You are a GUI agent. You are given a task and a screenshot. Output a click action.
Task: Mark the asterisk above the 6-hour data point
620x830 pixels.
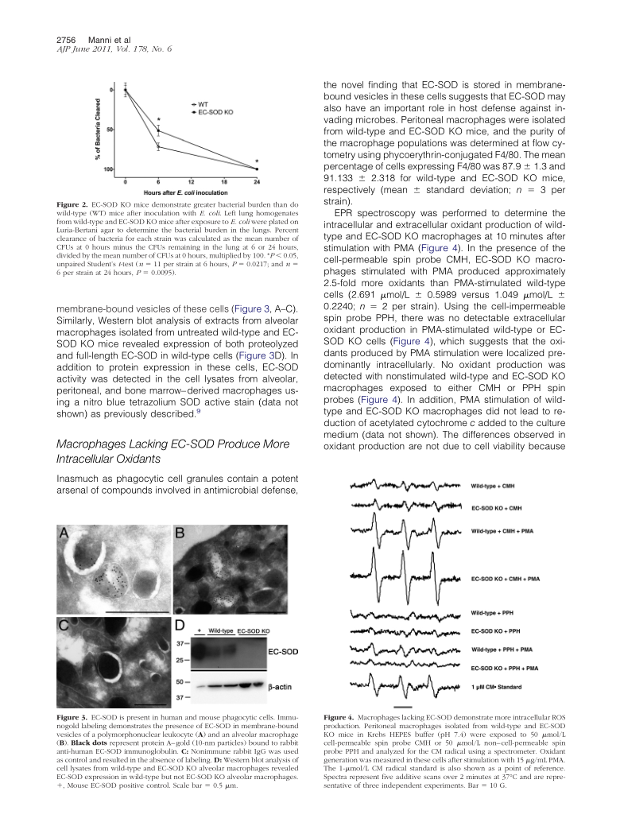point(159,118)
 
